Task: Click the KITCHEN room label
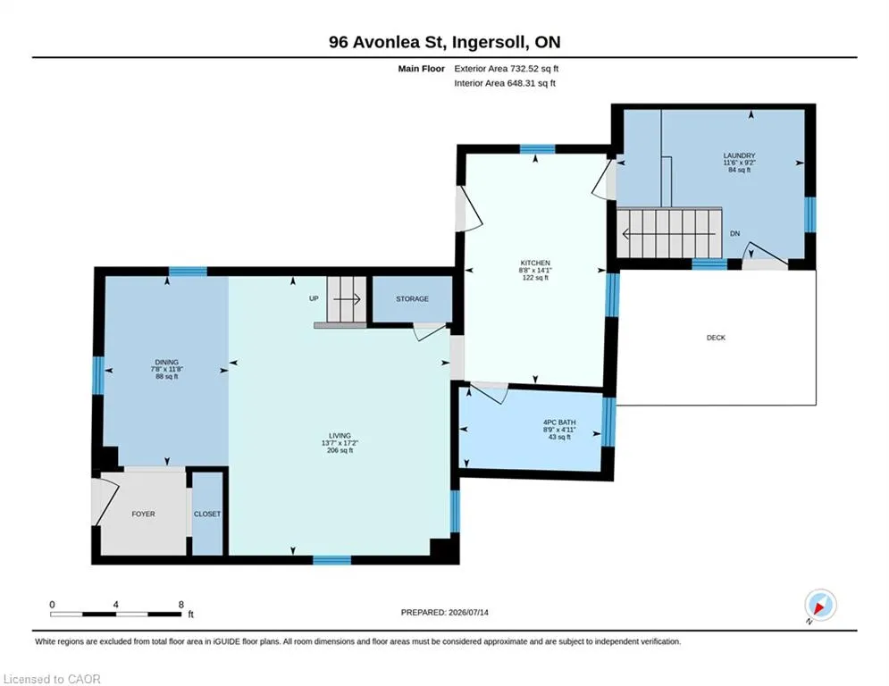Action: [x=535, y=264]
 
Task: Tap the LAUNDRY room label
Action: [x=739, y=155]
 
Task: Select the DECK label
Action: [x=716, y=338]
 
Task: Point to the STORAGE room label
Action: [x=412, y=298]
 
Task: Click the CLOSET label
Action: [x=207, y=514]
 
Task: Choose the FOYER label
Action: [x=143, y=514]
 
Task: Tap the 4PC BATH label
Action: [x=559, y=422]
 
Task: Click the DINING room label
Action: [x=167, y=363]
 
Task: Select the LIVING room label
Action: [x=340, y=435]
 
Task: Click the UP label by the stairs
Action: [x=314, y=298]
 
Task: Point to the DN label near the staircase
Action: [x=734, y=234]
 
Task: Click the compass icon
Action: [x=820, y=605]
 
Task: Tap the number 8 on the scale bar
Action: [x=181, y=605]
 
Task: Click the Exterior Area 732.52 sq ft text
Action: [x=507, y=69]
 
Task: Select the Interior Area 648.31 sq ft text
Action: [x=505, y=83]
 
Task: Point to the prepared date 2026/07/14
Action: [x=468, y=612]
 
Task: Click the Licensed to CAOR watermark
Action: [x=52, y=679]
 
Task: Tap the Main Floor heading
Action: [x=421, y=69]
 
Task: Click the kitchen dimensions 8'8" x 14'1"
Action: [x=535, y=271]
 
